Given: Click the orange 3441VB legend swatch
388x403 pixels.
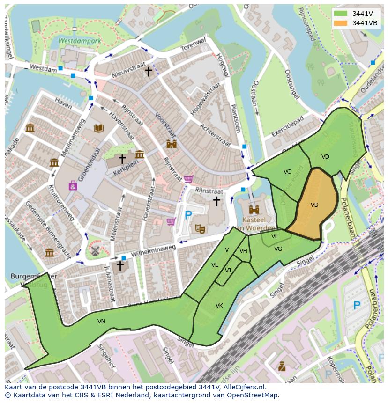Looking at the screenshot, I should coord(341,23).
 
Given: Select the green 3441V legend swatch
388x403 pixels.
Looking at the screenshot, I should coord(341,14).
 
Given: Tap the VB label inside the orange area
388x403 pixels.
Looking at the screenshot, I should coord(314,205).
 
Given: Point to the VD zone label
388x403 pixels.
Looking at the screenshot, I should coord(325,157).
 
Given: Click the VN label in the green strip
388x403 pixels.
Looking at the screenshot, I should coord(101,322).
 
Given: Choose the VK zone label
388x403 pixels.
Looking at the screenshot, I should coord(219,306).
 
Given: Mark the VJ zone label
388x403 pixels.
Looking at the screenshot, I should coord(228,271).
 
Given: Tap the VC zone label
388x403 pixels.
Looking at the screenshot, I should coord(287,172).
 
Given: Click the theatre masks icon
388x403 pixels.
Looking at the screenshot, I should coord(200,228).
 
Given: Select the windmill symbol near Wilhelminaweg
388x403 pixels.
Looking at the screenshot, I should coord(95,250).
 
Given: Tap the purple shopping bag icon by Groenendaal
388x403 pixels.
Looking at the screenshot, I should coord(73,186).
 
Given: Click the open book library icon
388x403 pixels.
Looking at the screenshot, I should coord(98,128).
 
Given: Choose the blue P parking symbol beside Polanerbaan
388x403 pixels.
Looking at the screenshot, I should coord(357,306).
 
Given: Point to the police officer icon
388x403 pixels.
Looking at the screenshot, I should coord(282,366).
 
